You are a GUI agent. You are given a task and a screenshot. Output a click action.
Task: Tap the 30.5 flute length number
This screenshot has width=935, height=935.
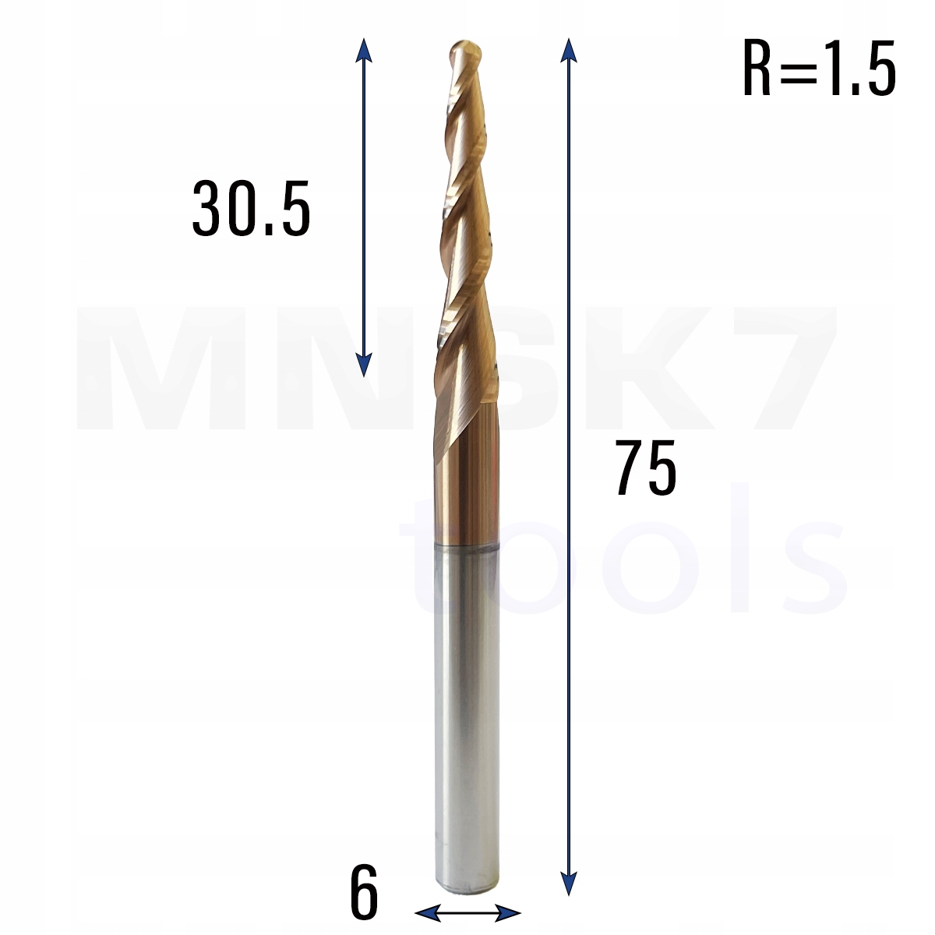click(251, 208)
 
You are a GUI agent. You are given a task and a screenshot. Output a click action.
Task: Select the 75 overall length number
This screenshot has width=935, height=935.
click(646, 468)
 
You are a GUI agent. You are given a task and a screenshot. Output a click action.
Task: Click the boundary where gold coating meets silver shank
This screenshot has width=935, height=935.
click(465, 547)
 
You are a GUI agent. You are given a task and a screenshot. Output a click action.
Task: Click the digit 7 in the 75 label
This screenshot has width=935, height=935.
click(630, 468)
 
